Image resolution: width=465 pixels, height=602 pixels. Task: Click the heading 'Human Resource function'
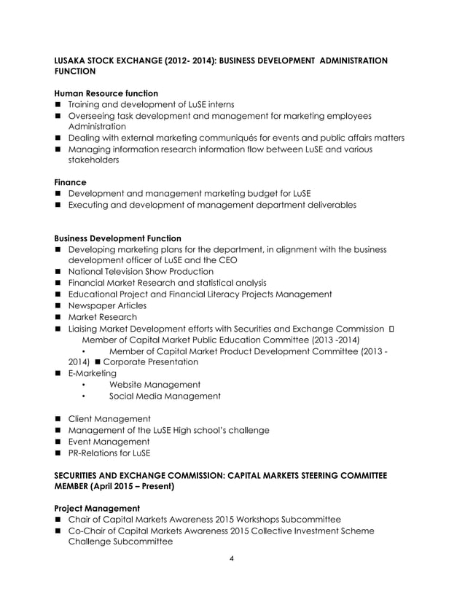106,93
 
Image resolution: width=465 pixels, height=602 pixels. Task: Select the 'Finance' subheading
71,182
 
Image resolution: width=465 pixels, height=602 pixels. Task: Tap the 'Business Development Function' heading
118,238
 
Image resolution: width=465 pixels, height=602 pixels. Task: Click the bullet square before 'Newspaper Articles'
58,306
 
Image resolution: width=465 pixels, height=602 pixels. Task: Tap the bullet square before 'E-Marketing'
58,373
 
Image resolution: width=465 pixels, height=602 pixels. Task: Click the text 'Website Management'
155,385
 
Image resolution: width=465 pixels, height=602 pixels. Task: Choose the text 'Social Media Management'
165,396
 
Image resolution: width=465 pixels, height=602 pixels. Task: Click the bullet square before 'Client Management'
58,419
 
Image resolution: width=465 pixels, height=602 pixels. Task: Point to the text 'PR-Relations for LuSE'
109,453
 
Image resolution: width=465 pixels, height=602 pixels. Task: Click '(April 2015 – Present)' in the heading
133,485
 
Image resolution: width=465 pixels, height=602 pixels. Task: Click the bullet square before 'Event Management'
58,442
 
